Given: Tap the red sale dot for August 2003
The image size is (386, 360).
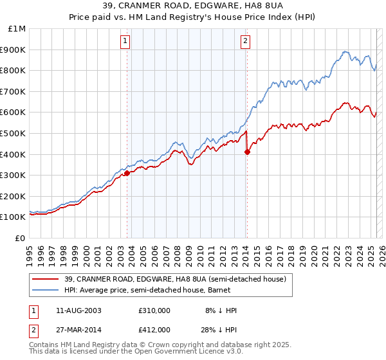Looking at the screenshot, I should tap(127, 172).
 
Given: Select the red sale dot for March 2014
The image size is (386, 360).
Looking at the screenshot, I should tap(247, 152).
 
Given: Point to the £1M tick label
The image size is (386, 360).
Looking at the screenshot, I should tap(17, 28).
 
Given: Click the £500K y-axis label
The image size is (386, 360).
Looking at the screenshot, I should tap(14, 133).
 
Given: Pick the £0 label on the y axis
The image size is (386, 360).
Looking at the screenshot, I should tap(21, 238).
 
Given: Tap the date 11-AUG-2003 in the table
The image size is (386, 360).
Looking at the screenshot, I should tap(80, 310).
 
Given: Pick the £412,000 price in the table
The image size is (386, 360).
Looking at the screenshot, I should tap(154, 330).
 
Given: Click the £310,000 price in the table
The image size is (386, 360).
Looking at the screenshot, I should tap(154, 310).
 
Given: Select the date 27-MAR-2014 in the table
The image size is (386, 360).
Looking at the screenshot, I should tap(80, 330).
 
